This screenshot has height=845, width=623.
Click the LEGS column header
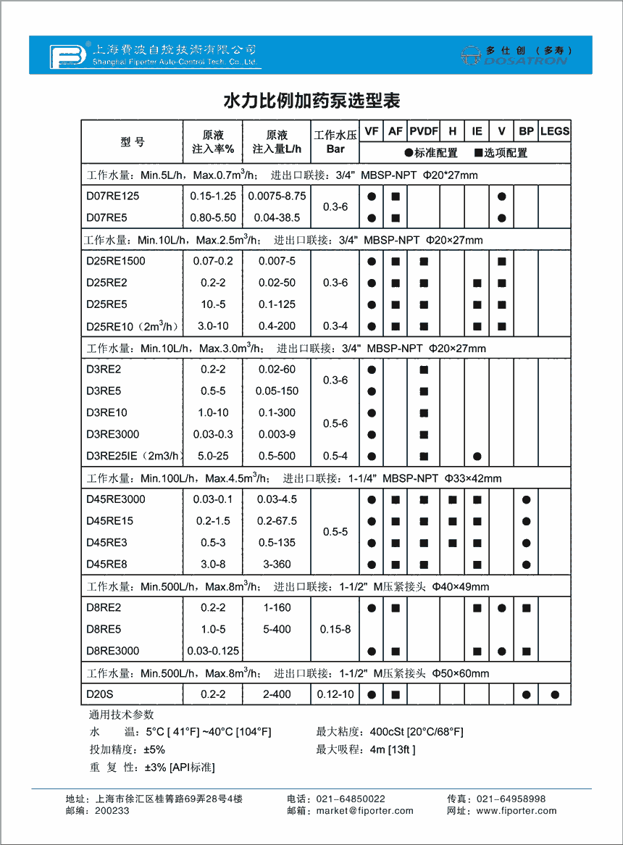point(555,131)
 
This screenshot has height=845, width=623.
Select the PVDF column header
point(424,131)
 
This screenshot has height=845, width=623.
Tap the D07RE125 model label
point(112,196)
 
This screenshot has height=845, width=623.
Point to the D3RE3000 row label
point(112,434)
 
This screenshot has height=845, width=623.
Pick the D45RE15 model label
point(109,521)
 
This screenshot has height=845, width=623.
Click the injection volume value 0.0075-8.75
point(277,196)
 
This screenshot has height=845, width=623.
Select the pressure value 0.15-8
point(335,629)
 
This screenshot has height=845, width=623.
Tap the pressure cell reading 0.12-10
point(335,694)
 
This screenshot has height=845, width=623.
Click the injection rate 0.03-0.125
point(213,651)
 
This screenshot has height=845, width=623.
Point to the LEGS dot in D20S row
point(555,695)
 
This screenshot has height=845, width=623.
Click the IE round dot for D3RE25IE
point(477,457)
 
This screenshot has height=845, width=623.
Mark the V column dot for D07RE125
point(502,196)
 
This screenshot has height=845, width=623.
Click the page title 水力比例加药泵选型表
point(311,99)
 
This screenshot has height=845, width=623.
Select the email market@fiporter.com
point(365,811)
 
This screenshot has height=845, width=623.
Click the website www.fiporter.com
point(517,811)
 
